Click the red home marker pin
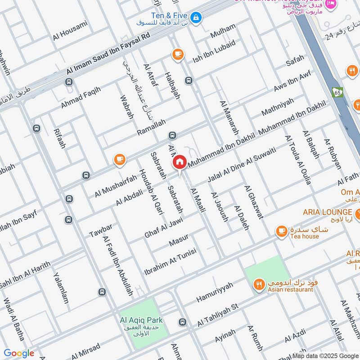179,162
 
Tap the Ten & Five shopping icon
196,18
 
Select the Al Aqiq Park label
141,320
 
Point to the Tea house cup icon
282,231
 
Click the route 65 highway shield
337,92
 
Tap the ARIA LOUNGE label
321,212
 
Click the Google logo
19,353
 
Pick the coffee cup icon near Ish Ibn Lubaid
178,55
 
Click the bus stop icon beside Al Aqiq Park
182,322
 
